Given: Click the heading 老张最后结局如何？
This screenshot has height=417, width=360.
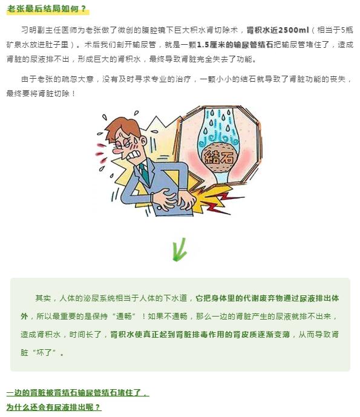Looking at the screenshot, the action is click(47, 9).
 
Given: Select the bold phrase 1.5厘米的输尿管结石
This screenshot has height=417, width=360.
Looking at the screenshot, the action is click(235, 45).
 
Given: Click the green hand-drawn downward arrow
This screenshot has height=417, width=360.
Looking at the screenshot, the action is click(179, 250).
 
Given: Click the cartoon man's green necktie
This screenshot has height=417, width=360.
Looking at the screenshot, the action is click(145, 173).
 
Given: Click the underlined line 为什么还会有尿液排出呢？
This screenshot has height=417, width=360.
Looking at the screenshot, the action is click(54, 407).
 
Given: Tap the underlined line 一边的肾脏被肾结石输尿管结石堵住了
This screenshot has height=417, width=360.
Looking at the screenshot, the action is click(77, 393).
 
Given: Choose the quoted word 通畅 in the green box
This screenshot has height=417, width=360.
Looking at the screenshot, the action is click(124, 316).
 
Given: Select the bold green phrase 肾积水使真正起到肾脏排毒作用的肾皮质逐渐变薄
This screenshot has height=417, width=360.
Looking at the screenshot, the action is click(200, 335).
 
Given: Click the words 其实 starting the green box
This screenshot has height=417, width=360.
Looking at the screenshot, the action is click(43, 298).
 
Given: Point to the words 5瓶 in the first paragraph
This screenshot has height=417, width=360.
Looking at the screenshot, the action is click(347, 30).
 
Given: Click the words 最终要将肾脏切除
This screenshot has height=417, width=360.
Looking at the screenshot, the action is click(38, 94).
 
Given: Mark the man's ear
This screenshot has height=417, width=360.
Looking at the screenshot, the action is click(143, 140).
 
